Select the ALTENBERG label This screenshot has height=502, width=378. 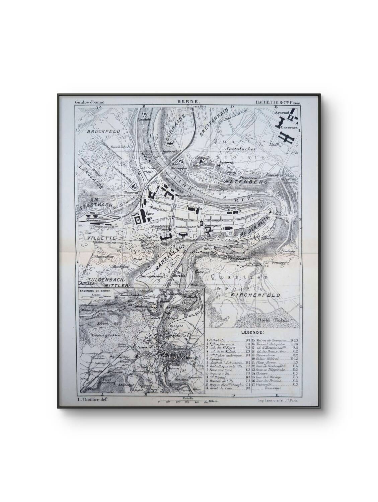[247, 181]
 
